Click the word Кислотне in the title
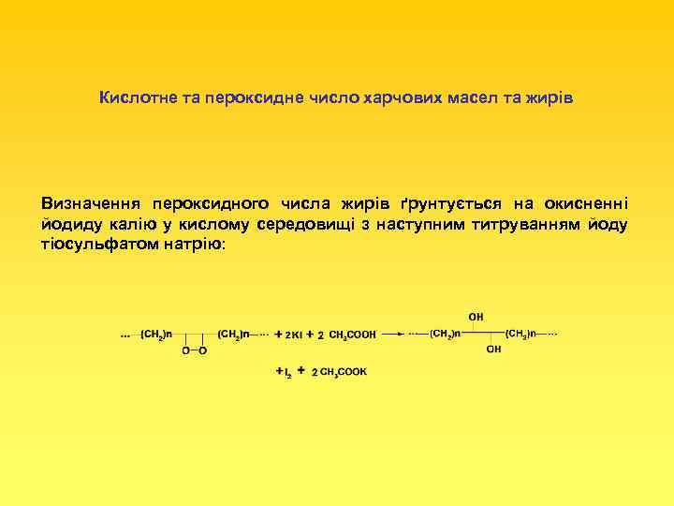(132, 97)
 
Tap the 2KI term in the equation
(293, 335)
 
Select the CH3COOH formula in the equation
(353, 335)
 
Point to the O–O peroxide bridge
(195, 350)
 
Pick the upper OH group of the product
(476, 317)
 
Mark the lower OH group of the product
(493, 350)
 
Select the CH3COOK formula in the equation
(344, 372)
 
